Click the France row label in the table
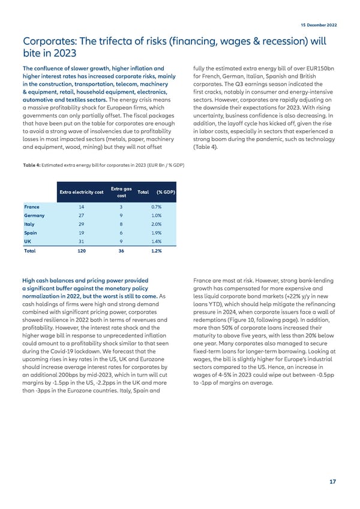[31, 205]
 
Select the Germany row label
[34, 215]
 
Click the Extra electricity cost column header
[81, 191]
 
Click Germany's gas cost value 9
[121, 215]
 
